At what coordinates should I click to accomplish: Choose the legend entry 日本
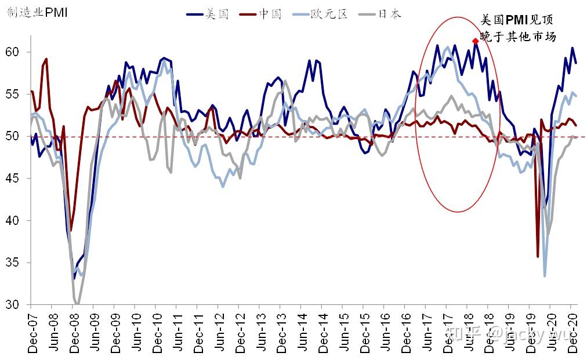click(389, 14)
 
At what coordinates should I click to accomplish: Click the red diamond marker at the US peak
click(476, 41)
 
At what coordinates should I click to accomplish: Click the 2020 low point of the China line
click(538, 256)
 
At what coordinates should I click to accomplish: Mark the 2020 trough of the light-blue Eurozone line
click(545, 276)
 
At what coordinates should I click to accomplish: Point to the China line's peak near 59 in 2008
click(46, 59)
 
